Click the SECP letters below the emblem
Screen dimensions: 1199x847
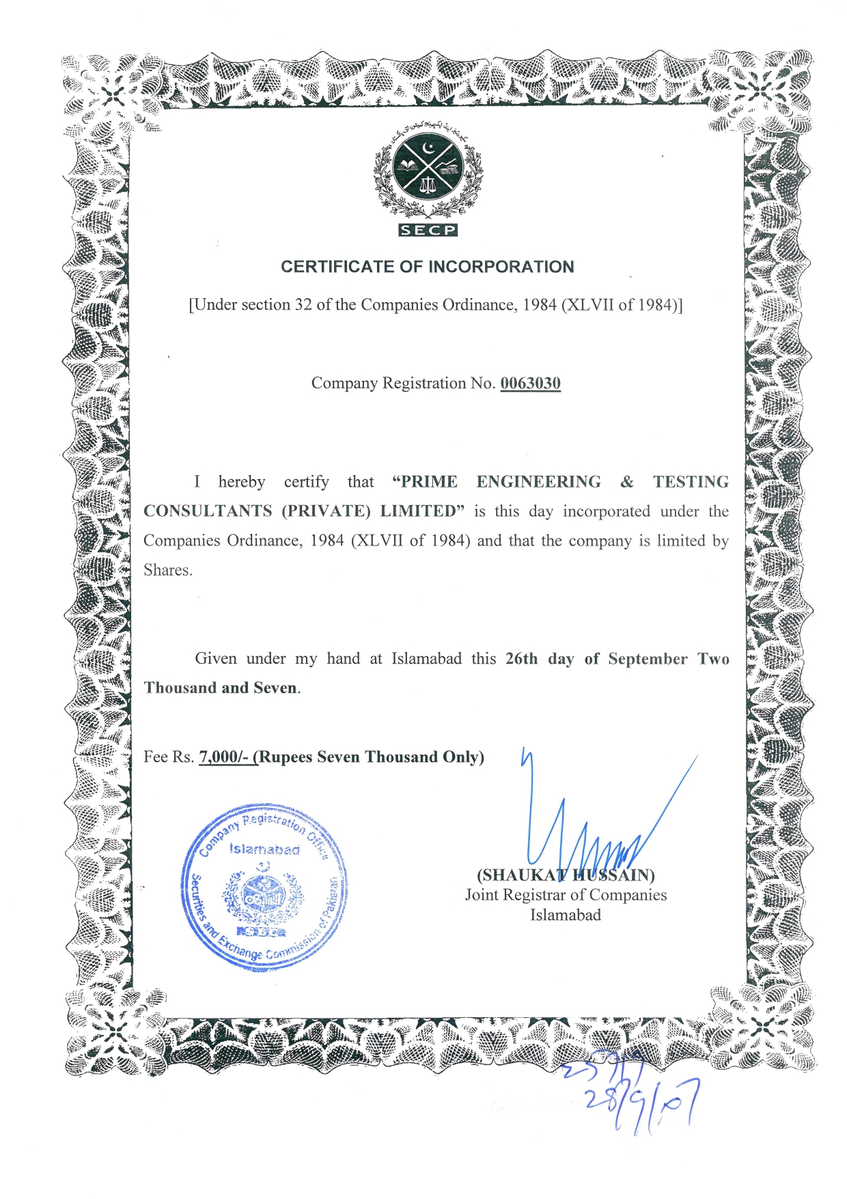click(x=428, y=230)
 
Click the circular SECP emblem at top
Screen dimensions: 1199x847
click(x=428, y=168)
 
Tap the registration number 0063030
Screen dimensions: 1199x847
click(x=530, y=383)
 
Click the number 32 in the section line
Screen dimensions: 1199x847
click(x=303, y=305)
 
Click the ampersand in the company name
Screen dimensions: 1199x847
click(x=627, y=482)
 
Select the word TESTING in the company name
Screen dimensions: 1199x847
click(x=691, y=482)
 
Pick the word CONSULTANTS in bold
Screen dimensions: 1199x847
click(x=208, y=511)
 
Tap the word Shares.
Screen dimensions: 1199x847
click(x=167, y=570)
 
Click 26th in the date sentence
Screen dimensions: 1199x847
click(x=522, y=659)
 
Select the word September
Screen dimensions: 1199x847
click(x=648, y=659)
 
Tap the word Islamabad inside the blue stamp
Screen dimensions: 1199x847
click(x=264, y=850)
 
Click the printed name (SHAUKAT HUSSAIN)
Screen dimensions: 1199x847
click(x=566, y=875)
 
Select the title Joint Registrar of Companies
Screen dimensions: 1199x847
click(x=566, y=895)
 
